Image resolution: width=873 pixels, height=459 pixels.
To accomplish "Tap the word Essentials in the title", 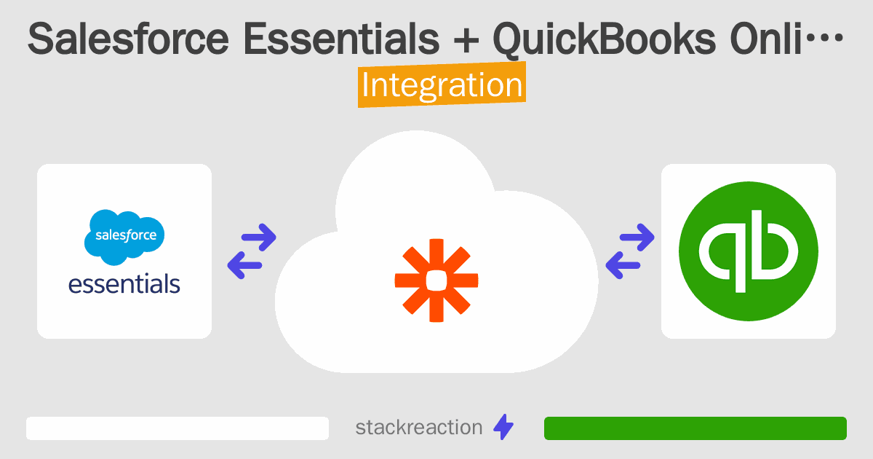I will (341, 41).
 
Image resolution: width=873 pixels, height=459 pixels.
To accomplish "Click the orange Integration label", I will (442, 86).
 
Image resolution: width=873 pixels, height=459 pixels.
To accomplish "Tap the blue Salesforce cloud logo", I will (124, 236).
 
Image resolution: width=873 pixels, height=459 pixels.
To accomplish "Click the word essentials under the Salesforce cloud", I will (124, 283).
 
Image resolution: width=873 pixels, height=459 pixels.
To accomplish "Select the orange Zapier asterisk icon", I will (436, 280).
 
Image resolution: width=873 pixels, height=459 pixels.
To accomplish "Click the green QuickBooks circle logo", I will (748, 251).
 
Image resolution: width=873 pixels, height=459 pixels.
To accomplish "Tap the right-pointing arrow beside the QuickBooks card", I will (638, 236).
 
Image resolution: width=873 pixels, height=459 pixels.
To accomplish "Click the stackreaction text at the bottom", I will (418, 428).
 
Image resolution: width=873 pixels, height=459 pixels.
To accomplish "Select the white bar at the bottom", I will (178, 428).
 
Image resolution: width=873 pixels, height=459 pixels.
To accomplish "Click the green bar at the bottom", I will (695, 428).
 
